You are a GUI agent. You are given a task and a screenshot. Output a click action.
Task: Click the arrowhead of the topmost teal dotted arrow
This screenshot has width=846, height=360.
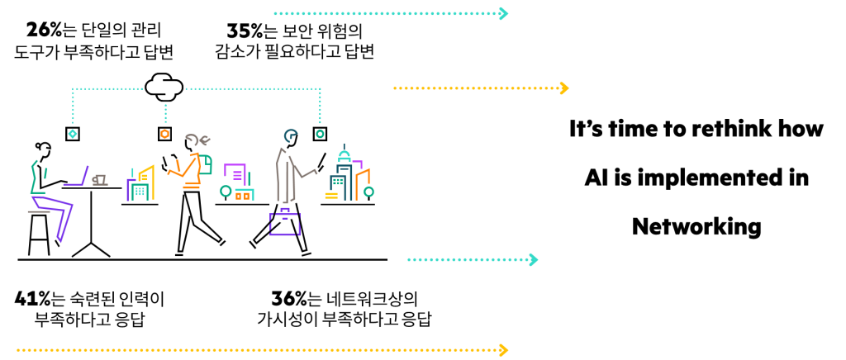503,13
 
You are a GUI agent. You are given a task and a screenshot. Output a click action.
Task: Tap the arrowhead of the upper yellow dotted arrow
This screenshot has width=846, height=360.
563,88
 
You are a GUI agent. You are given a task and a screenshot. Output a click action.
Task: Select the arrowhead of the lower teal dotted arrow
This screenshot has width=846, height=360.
533,260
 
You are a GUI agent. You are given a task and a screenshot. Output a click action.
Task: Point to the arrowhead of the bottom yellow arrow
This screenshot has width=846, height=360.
503,350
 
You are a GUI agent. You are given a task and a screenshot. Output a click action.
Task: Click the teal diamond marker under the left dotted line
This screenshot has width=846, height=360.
73,134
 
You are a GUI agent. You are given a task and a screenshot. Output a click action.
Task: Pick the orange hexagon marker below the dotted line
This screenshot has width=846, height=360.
165,134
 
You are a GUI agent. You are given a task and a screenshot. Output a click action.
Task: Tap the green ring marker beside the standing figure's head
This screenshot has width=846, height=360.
320,134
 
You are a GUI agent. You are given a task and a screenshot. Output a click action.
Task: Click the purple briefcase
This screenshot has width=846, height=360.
284,223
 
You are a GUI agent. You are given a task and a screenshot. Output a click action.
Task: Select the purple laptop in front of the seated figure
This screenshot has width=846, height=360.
76,178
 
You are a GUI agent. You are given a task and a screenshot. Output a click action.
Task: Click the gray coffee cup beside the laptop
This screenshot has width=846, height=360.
99,180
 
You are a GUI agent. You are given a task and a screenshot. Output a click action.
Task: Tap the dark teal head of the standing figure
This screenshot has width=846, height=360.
291,135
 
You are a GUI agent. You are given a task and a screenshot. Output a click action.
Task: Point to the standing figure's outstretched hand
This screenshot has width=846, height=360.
312,173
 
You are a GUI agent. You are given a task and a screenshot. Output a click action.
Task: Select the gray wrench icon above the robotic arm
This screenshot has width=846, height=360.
197,140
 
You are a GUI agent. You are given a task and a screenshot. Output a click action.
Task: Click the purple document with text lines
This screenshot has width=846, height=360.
236,173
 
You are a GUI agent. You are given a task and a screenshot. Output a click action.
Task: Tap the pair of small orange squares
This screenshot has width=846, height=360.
242,196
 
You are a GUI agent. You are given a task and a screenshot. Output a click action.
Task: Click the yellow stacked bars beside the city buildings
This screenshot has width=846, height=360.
331,196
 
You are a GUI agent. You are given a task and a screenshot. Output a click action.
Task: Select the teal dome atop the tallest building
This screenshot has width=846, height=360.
345,155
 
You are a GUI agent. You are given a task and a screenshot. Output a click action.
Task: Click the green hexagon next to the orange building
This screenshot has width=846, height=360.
368,192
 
